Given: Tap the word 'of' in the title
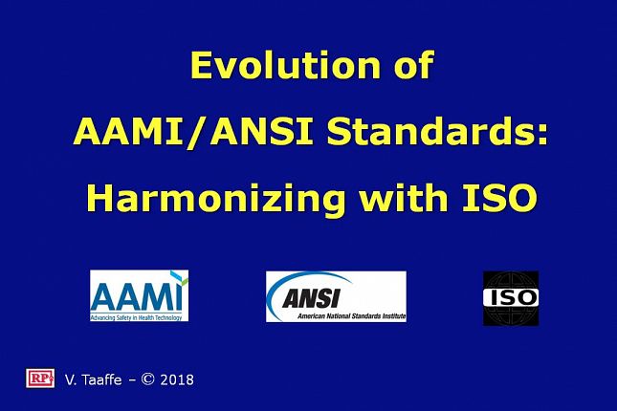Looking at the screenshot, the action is pos(414,65).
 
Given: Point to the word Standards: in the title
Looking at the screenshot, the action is pos(437,131).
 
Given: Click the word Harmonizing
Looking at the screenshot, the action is pos(216,199).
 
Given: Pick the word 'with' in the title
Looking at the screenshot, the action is pos(404,197).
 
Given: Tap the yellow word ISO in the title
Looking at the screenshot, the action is pos(499,198).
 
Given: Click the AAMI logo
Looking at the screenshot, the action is pos(140,295).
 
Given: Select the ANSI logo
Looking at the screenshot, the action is pos(336,296).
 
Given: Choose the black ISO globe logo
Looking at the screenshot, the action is pos(511,298).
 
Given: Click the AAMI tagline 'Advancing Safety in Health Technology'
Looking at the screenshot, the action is pos(136,317).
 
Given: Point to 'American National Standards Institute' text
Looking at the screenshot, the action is pos(351,315).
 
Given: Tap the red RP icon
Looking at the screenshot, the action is pos(40,379).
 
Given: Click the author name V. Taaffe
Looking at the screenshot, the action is pos(93,379).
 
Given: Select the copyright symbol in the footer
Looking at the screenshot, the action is pos(147,379).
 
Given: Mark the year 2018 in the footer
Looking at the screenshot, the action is pos(177,379).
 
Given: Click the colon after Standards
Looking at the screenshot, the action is pos(542,134).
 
